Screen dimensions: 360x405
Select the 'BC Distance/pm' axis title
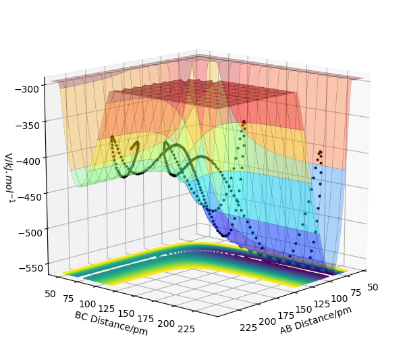111,323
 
